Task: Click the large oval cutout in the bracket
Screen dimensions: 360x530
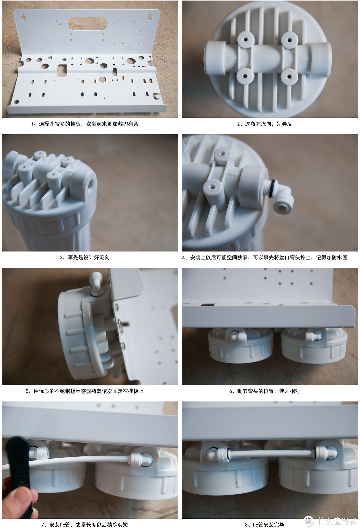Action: pyautogui.click(x=87, y=24)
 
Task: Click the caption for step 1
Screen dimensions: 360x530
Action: pyautogui.click(x=84, y=124)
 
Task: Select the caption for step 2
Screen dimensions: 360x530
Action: pyautogui.click(x=264, y=124)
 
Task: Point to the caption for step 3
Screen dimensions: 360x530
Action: pyautogui.click(x=84, y=257)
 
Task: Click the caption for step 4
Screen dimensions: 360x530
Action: pyautogui.click(x=264, y=257)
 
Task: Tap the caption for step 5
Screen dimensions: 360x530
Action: pyautogui.click(x=84, y=391)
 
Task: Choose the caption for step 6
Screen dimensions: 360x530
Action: pyautogui.click(x=264, y=391)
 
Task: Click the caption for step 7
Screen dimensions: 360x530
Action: pyautogui.click(x=84, y=525)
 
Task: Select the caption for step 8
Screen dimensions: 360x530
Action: pyautogui.click(x=264, y=525)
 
